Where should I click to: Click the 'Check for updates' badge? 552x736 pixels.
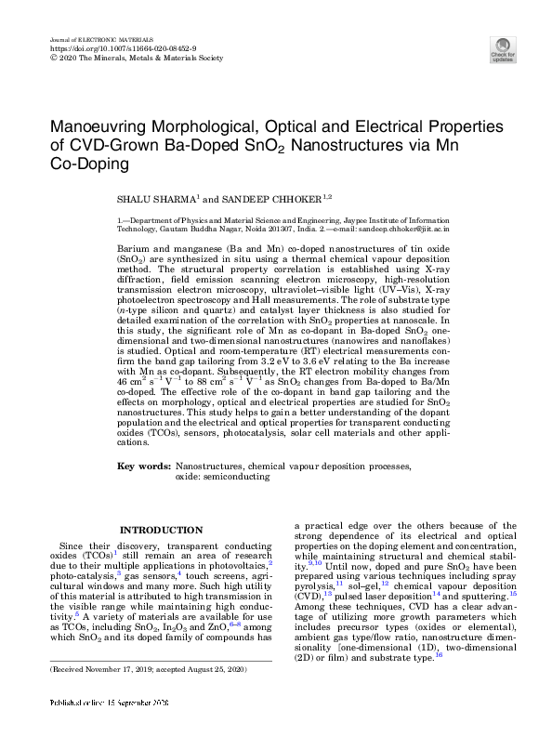(503, 48)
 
